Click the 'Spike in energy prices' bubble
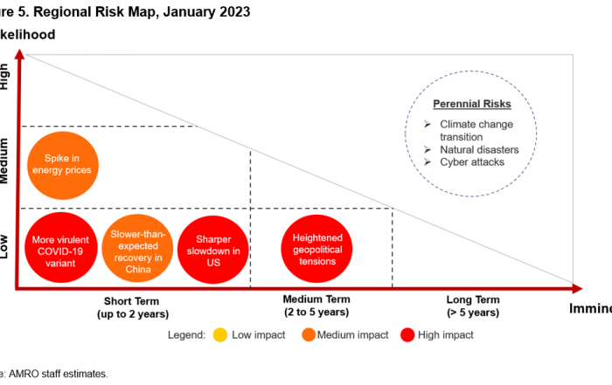click(x=60, y=163)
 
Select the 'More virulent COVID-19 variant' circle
click(x=59, y=245)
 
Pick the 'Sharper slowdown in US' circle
click(x=213, y=245)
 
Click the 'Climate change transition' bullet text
click(x=477, y=129)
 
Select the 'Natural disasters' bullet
click(x=479, y=149)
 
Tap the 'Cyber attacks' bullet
click(x=471, y=162)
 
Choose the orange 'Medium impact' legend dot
click(x=309, y=334)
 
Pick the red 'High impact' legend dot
click(x=407, y=334)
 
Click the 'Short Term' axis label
click(x=131, y=299)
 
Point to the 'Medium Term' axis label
click(x=316, y=299)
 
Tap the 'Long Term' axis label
click(x=472, y=299)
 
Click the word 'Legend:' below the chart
click(x=184, y=334)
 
